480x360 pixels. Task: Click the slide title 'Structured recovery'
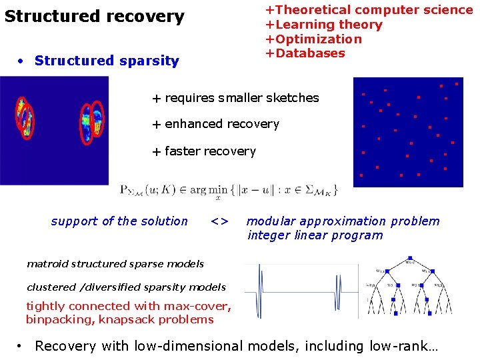95,17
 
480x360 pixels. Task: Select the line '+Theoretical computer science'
369,10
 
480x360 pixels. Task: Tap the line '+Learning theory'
323,25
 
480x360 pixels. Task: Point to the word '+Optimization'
313,39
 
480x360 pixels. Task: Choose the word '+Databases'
305,53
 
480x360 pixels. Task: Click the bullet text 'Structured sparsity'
107,61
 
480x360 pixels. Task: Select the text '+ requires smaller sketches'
235,98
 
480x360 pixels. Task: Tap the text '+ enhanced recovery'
215,124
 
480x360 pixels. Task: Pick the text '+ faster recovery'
203,151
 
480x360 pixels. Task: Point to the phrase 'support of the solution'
119,221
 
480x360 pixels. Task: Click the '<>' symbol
219,221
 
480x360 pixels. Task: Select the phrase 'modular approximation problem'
343,221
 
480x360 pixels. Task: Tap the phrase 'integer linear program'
315,235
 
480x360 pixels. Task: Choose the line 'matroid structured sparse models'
115,264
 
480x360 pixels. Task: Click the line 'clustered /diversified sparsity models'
126,287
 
